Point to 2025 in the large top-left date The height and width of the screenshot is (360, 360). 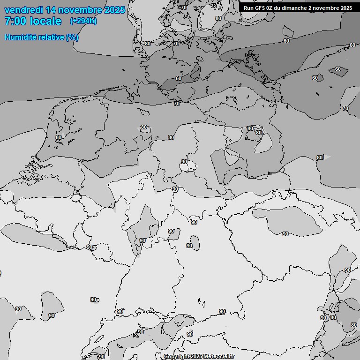[x=115, y=10]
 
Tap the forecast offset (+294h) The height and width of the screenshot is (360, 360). [x=83, y=21]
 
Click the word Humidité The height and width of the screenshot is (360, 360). [x=20, y=37]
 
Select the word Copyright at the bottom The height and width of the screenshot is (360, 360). [x=177, y=357]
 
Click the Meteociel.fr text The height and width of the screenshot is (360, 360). [x=218, y=357]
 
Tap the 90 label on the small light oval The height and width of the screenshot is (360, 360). [x=184, y=162]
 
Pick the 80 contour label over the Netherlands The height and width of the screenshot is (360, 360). [x=59, y=137]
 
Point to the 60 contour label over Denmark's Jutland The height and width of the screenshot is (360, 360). [x=179, y=78]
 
